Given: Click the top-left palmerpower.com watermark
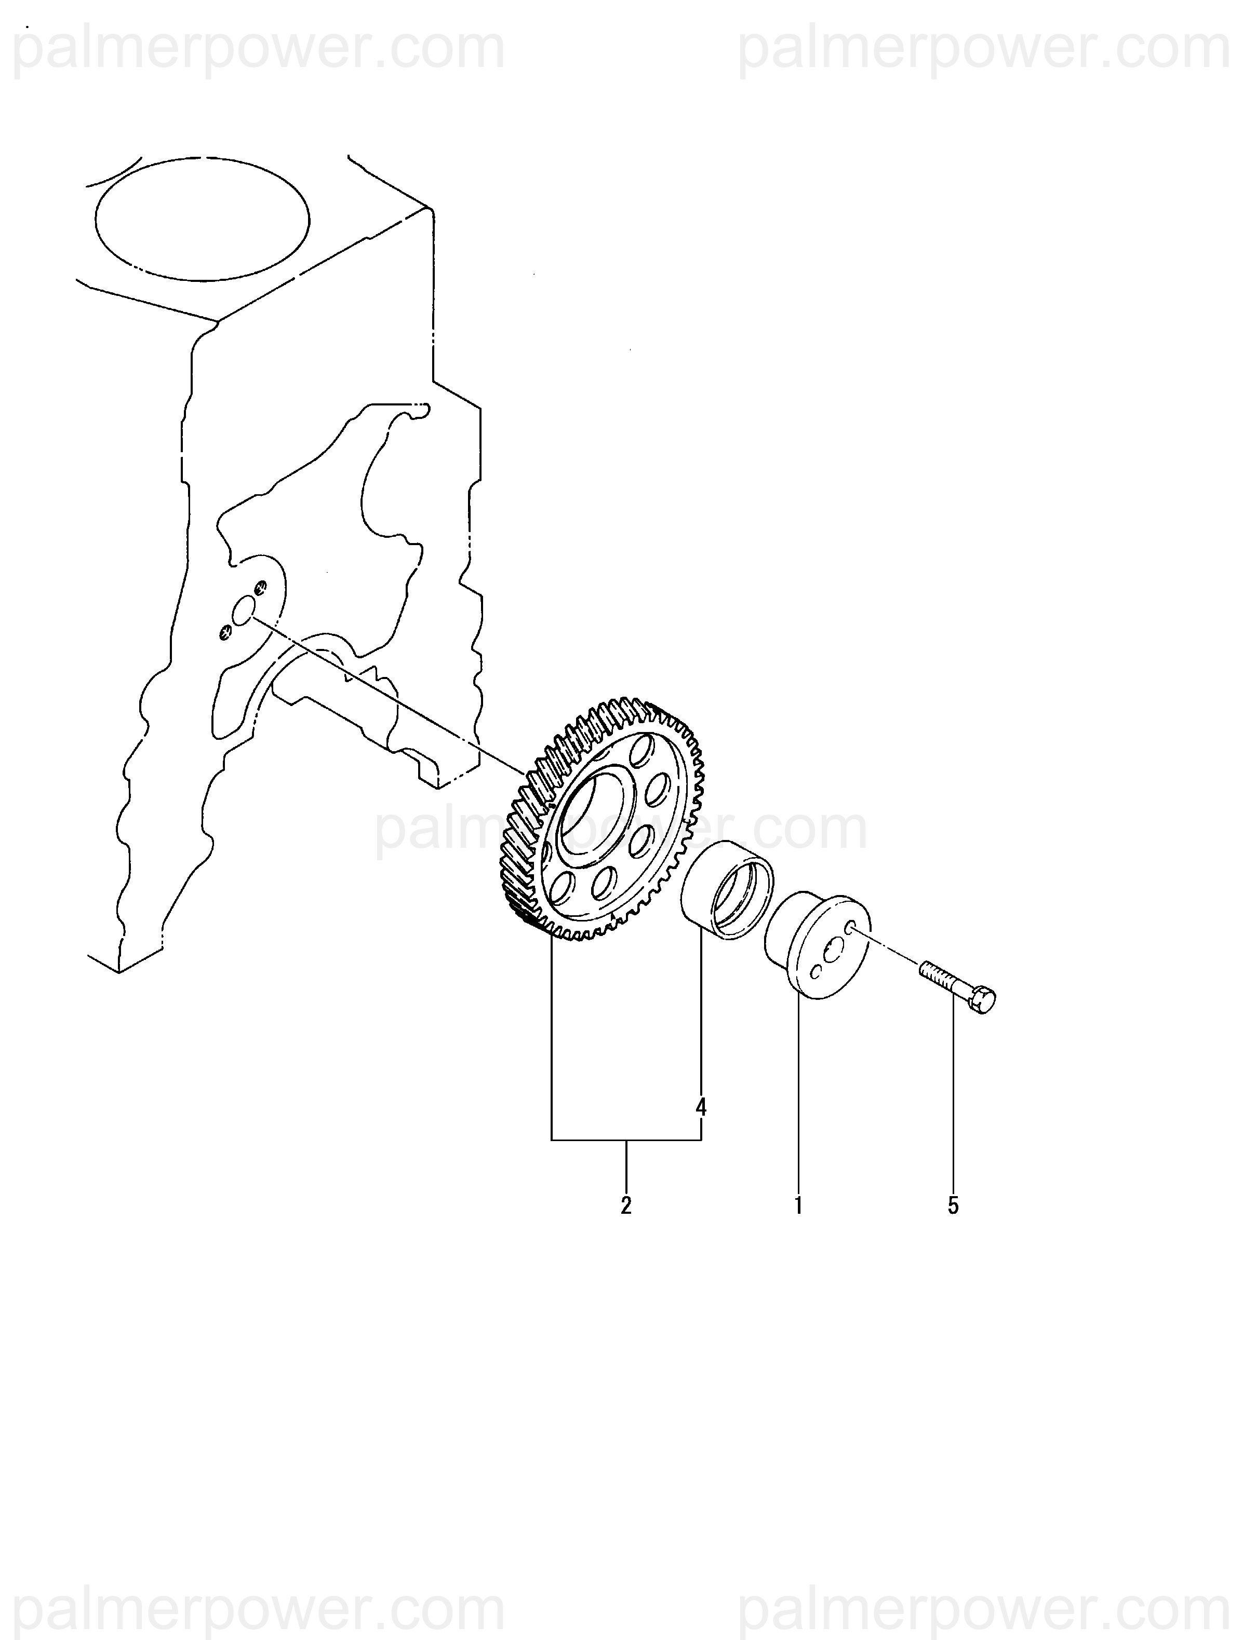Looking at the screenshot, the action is [260, 50].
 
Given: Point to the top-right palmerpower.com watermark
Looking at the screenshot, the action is [983, 50].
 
